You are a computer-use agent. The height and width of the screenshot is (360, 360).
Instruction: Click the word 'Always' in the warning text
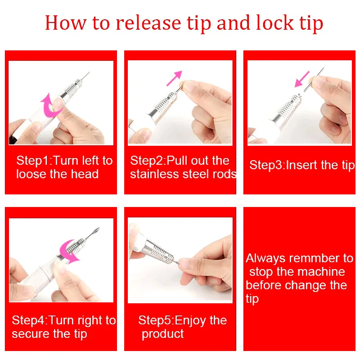pyautogui.click(x=265, y=258)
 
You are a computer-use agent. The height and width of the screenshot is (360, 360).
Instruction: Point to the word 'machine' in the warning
pyautogui.click(x=322, y=272)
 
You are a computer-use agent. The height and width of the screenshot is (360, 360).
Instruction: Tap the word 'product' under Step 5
pyautogui.click(x=162, y=334)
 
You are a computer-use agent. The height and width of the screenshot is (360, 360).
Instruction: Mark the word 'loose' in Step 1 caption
pyautogui.click(x=31, y=174)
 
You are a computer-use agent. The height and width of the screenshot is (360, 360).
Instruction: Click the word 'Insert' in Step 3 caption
pyautogui.click(x=301, y=165)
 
